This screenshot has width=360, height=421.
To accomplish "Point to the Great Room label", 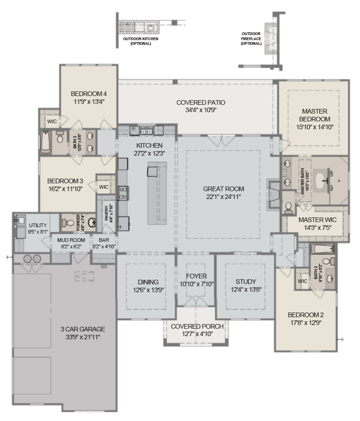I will (x=223, y=188).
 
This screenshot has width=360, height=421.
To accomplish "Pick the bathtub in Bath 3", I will (x=45, y=142).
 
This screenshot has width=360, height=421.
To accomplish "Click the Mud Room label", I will (x=71, y=240).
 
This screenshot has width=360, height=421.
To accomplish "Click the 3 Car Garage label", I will (x=83, y=329).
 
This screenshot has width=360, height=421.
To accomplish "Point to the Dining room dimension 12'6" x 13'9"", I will (x=148, y=289).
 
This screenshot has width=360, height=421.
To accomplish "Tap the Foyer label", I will (x=197, y=276).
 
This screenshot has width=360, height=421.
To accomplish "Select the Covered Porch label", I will (x=197, y=326).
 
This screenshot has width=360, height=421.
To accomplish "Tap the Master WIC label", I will (x=317, y=220).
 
